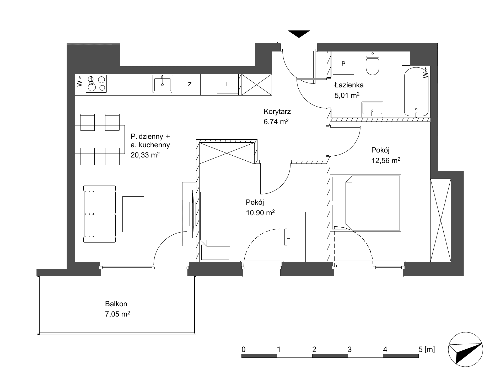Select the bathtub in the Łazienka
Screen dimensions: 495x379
[416, 91]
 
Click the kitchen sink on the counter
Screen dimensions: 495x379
[163, 84]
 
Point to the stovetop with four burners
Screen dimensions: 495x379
[96, 83]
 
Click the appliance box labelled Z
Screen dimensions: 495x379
[190, 85]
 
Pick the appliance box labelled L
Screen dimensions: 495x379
[228, 85]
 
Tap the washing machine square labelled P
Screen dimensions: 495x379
[343, 64]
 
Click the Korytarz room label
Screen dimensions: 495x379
[277, 112]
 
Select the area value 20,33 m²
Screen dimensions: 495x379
[145, 155]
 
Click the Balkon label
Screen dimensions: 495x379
[116, 304]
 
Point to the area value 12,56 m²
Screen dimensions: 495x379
[385, 160]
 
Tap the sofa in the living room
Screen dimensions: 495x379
[99, 214]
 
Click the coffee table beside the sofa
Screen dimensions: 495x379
[133, 214]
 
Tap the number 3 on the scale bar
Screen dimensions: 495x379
[349, 349]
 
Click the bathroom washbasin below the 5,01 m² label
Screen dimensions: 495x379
[372, 110]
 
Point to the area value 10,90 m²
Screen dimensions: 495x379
[260, 213]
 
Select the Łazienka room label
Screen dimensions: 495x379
[349, 85]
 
